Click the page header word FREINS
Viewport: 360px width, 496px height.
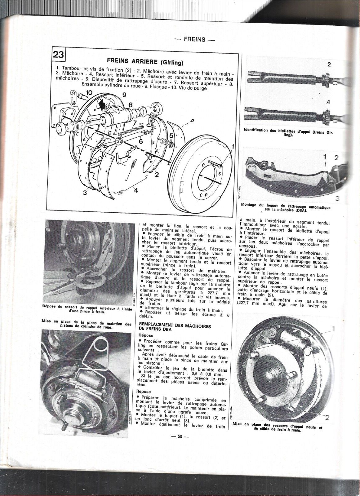194,39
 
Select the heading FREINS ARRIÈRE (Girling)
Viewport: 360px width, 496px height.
144,62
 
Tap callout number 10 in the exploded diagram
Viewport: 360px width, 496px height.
89,92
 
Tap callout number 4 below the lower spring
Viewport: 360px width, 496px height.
136,191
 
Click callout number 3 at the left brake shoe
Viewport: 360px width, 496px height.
85,193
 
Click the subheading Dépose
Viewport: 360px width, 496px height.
146,335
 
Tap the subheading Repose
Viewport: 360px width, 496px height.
143,392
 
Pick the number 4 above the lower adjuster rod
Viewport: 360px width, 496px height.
328,102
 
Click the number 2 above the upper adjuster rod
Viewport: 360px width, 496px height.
329,64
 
